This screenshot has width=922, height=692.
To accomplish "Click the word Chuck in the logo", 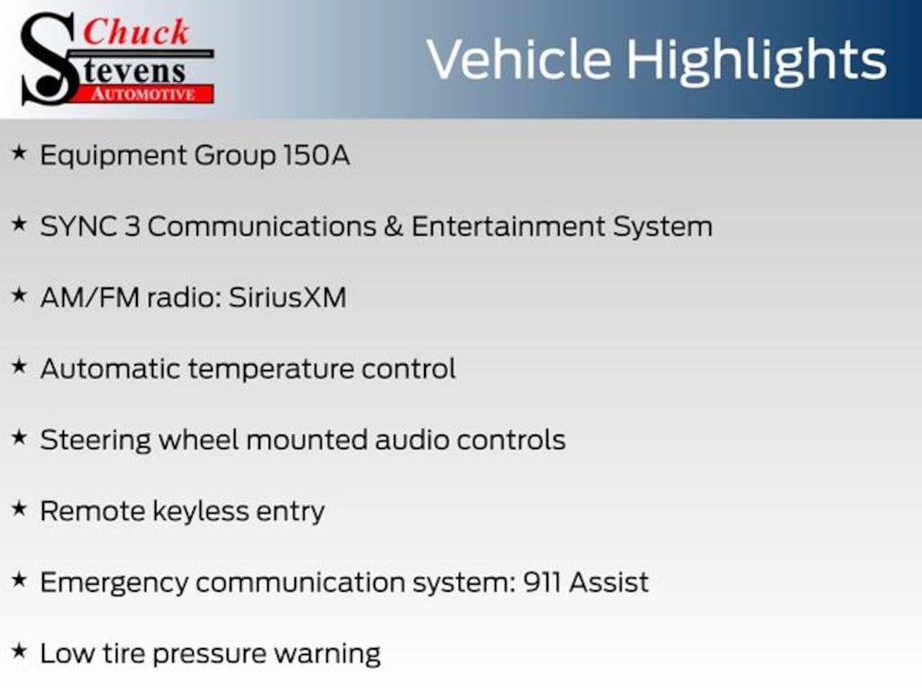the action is point(136,32).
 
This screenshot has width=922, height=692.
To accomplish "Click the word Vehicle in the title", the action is point(520,59).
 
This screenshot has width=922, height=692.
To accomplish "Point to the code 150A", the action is point(316,155).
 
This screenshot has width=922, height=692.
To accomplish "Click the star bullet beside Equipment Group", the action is point(20,153).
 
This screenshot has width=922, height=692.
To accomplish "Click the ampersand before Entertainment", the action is point(393,226).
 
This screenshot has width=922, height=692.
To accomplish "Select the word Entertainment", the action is point(508,226).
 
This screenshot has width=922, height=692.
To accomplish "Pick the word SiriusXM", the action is point(287,297).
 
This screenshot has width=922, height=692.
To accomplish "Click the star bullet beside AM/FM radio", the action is point(20,295).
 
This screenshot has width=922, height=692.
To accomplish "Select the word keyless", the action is point(201,511).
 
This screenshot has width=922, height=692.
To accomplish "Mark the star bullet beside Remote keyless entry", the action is point(20,508).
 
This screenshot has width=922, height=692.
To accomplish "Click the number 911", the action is point(541,583).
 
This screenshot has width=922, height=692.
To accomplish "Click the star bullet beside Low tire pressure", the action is point(20,651).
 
